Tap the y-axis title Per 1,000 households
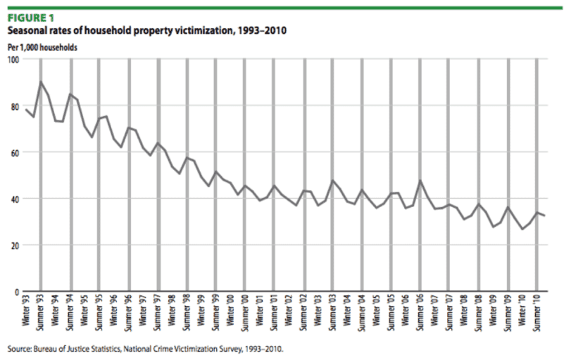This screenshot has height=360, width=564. point(42,47)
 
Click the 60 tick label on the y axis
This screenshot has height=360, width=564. point(15,152)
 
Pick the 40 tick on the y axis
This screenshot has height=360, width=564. point(15,199)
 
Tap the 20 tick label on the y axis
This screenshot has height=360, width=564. point(15,244)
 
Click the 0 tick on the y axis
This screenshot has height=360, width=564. point(17,291)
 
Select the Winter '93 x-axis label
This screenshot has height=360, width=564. point(27,311)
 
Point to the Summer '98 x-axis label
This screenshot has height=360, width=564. point(187,312)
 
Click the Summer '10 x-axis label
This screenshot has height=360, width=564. point(538,312)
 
